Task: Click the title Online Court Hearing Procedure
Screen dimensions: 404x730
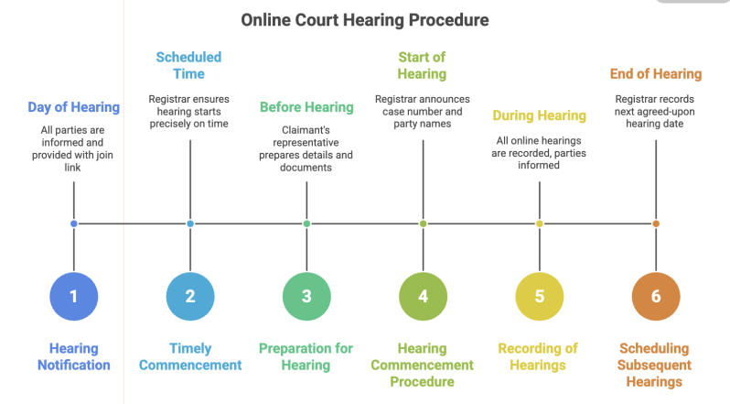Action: [x=364, y=19]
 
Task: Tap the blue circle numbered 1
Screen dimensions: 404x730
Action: [x=74, y=296]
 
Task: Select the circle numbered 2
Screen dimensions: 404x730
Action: [x=190, y=296]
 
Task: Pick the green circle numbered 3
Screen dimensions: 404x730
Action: [x=306, y=296]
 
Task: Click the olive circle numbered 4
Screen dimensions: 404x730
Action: [x=423, y=296]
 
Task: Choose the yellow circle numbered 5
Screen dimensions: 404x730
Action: [x=539, y=296]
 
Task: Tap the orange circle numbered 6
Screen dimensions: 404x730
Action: [x=655, y=296]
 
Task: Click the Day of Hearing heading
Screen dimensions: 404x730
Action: [x=73, y=107]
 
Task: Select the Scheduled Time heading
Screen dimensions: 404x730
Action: [x=189, y=65]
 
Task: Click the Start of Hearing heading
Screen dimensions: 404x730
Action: [x=422, y=65]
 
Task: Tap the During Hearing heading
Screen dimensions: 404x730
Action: [x=539, y=115]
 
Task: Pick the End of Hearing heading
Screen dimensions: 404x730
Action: [x=655, y=73]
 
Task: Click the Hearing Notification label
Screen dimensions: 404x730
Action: [x=74, y=356]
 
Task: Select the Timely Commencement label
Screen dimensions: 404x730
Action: [x=190, y=356]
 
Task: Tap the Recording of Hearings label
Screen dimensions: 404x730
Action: [x=539, y=356]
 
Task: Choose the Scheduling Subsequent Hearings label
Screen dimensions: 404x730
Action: [x=655, y=365]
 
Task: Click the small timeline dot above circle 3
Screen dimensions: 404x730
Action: [x=306, y=224]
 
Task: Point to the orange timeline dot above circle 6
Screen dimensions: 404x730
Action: [x=655, y=224]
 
